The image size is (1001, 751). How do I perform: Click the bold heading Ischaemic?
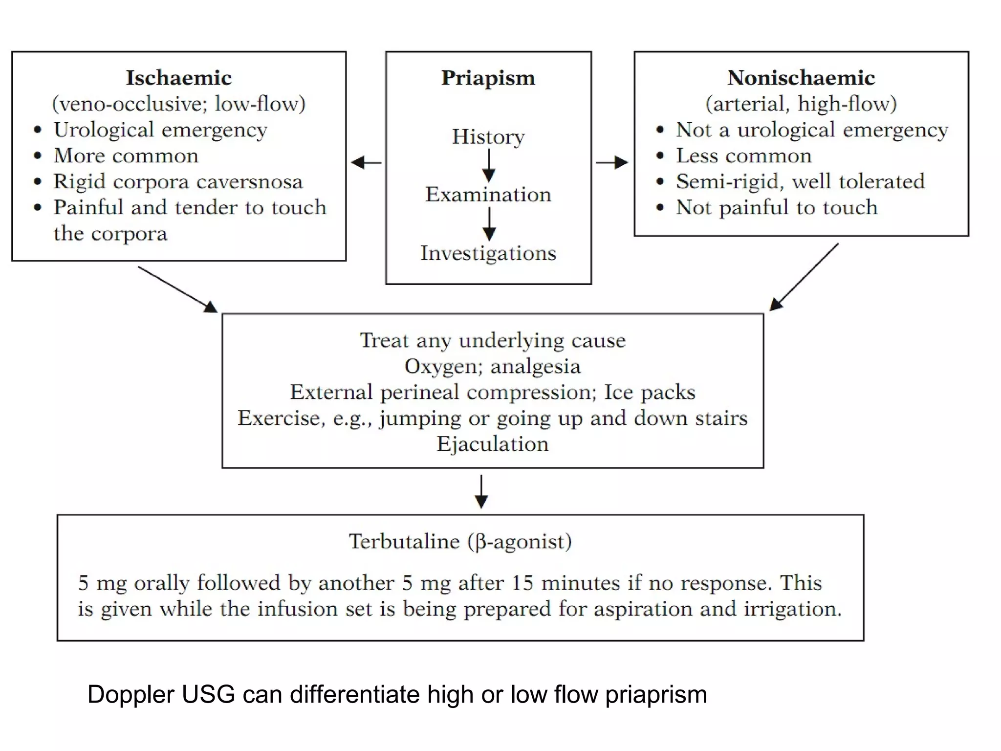click(x=178, y=78)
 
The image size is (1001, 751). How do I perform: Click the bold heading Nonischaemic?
click(x=801, y=78)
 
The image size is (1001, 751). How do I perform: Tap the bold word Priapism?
click(x=488, y=78)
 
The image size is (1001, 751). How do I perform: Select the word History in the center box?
click(x=488, y=136)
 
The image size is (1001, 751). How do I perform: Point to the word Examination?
click(x=488, y=195)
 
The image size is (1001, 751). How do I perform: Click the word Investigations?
click(x=488, y=253)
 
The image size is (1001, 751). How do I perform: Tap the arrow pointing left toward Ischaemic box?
click(x=366, y=162)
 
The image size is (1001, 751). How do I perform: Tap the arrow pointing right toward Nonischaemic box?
click(x=612, y=162)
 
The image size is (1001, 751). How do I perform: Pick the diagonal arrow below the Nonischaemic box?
click(x=804, y=277)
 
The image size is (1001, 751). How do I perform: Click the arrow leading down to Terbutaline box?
click(x=481, y=492)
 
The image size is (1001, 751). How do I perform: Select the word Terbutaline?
click(x=404, y=541)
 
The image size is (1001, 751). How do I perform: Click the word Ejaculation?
click(x=492, y=444)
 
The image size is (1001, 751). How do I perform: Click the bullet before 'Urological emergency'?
click(x=38, y=130)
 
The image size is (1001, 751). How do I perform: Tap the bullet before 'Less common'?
click(x=660, y=156)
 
